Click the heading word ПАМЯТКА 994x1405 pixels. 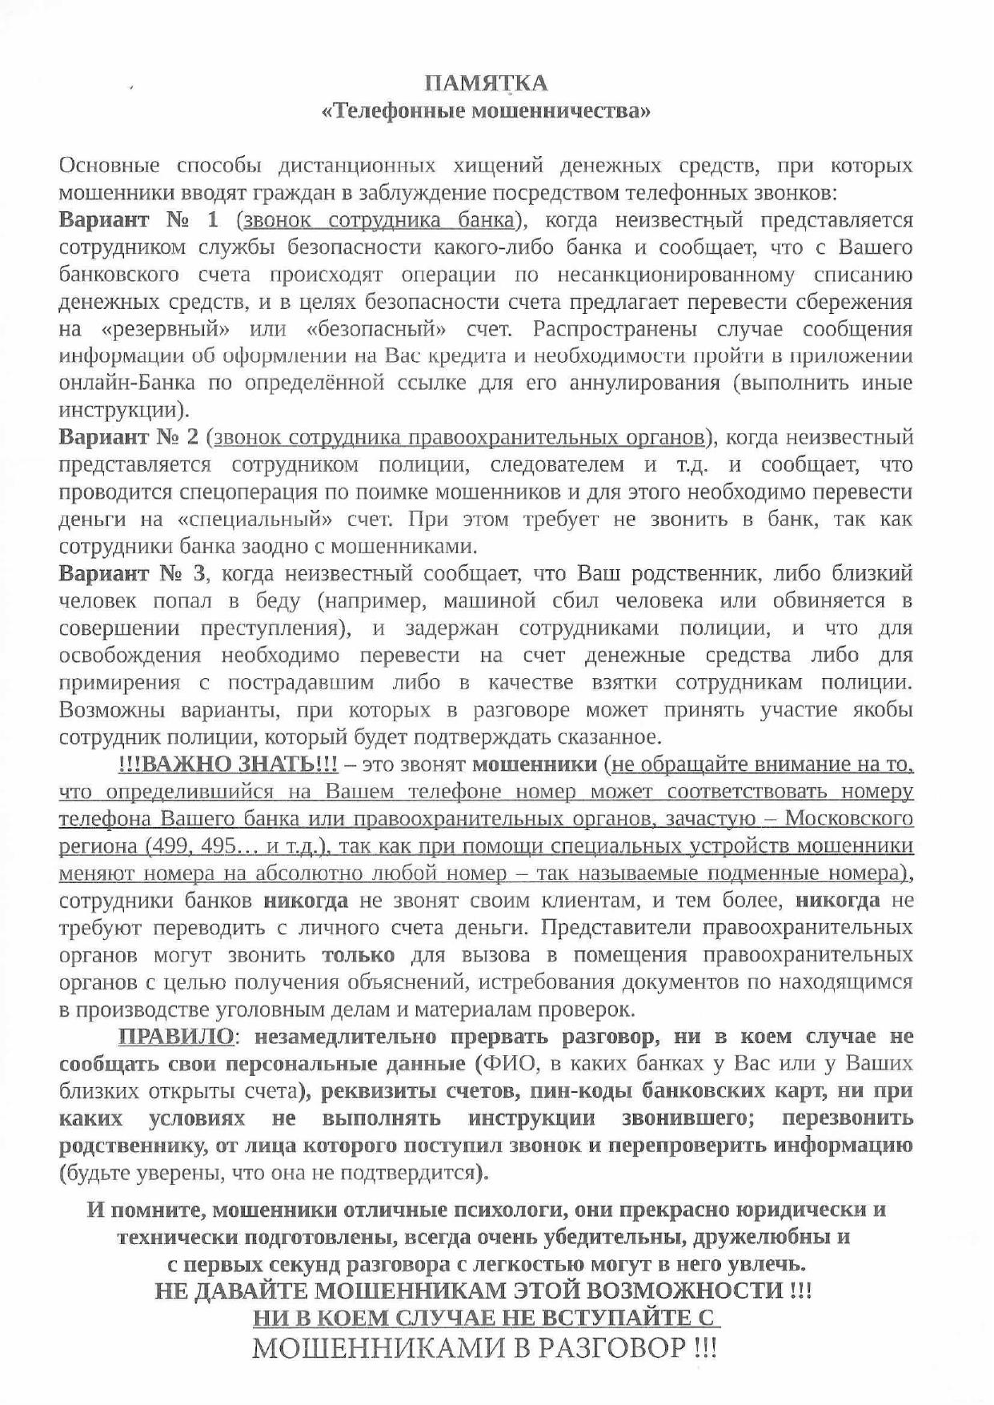[486, 82]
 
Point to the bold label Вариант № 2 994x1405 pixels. [129, 438]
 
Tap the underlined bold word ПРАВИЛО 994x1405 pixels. [177, 1037]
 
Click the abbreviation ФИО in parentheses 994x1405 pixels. [501, 1064]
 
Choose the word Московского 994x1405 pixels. [849, 819]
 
